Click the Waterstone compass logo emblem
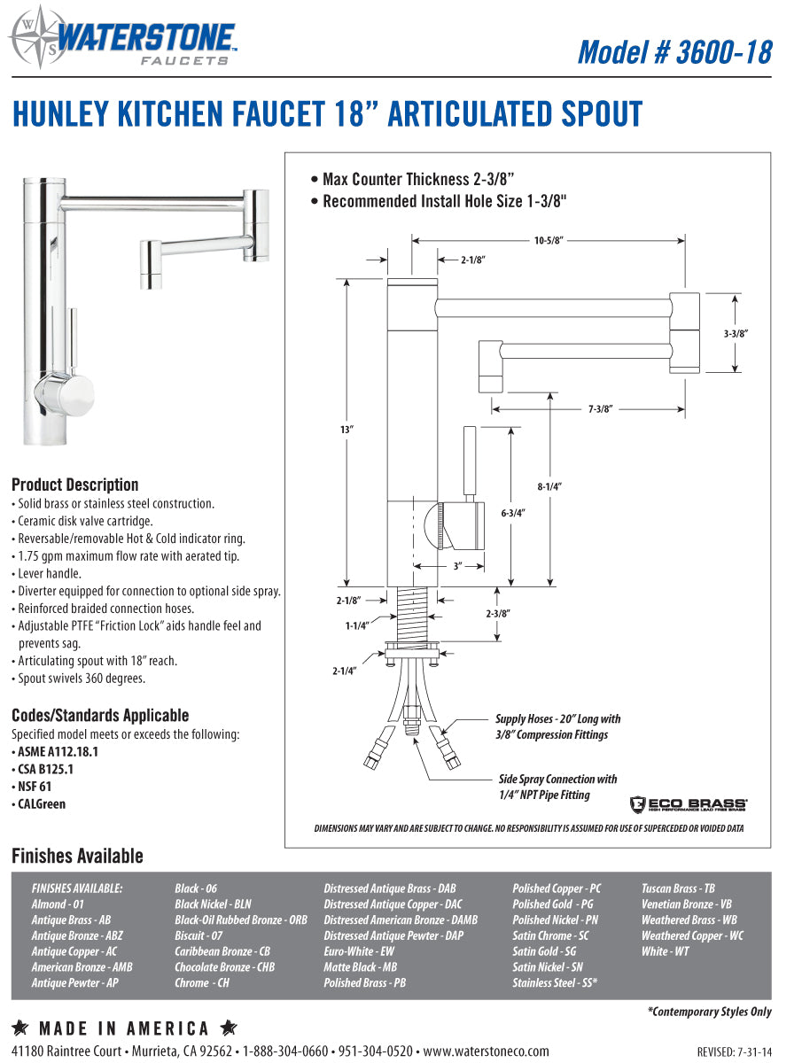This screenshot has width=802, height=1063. coord(32,37)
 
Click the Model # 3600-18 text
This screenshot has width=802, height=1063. coord(674,51)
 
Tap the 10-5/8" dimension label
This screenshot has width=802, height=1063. coord(549,240)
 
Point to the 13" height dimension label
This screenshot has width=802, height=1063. coord(346,430)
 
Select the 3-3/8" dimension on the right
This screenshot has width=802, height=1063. coord(736,334)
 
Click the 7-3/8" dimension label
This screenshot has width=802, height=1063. coord(600,408)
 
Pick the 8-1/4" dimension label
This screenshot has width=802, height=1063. coord(549,486)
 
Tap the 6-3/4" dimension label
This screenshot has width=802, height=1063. coord(513,513)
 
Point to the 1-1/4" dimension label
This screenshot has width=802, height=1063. coord(357,625)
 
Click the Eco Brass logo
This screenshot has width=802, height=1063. coord(689,804)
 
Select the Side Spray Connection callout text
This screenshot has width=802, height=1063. coord(557,787)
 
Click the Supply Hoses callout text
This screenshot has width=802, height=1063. coord(557,726)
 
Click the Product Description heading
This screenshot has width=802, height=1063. coord(74,485)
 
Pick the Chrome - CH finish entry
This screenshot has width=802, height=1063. coord(202,983)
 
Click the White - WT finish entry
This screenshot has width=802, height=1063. coord(665,951)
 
